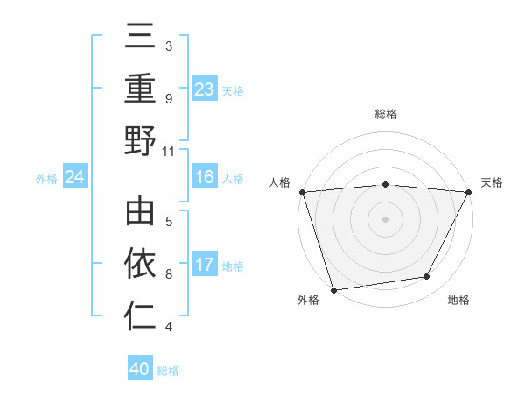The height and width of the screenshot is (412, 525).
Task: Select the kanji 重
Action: point(140,89)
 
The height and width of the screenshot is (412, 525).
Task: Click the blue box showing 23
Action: point(204,89)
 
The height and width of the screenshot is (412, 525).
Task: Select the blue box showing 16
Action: point(204,178)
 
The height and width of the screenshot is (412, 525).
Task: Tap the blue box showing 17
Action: point(204,265)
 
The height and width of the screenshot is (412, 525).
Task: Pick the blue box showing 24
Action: point(75,178)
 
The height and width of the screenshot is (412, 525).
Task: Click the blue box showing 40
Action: point(140,369)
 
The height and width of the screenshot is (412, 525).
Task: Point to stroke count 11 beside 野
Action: point(169,151)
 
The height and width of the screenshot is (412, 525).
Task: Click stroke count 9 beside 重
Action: point(169,98)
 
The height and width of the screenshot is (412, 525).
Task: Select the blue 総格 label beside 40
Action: point(168,370)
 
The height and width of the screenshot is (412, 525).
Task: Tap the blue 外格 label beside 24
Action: point(46,179)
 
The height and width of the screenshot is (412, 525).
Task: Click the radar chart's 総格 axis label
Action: point(386,114)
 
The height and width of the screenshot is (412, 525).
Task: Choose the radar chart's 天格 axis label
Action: point(492,182)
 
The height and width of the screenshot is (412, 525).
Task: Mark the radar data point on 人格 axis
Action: point(302,191)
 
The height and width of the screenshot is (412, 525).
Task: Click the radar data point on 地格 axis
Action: point(427,277)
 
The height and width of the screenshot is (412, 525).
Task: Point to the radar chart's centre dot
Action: point(385,218)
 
